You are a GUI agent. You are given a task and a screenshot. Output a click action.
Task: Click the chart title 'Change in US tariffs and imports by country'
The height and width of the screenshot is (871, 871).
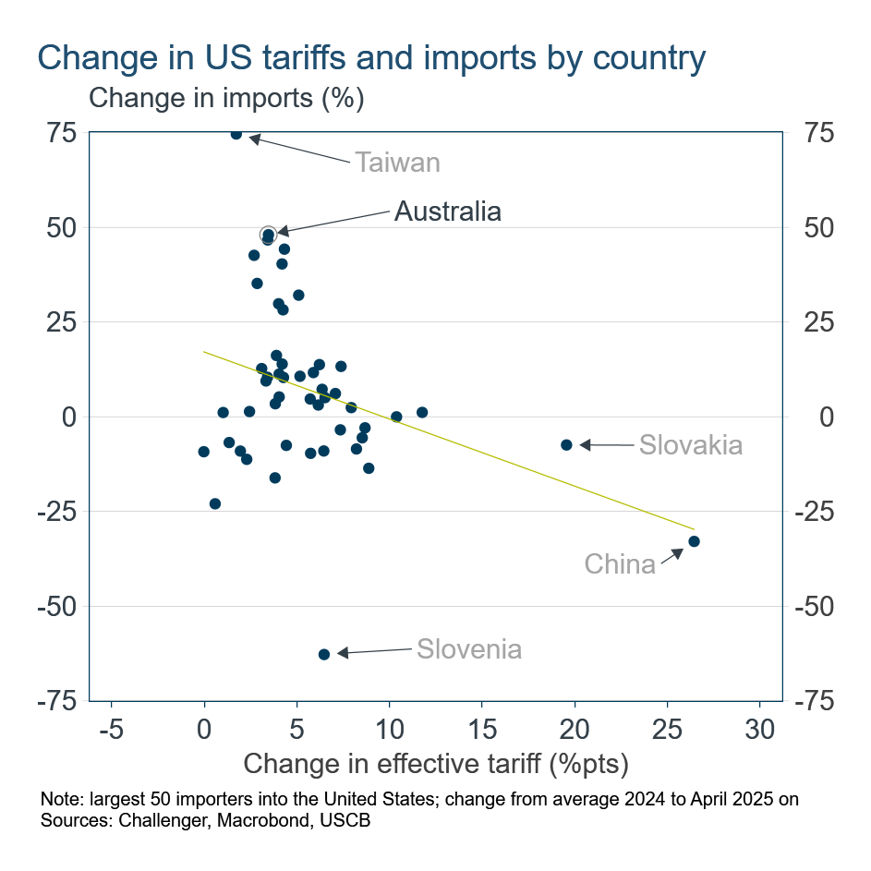[x=371, y=57]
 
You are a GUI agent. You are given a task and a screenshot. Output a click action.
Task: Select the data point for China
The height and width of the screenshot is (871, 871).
[x=694, y=541]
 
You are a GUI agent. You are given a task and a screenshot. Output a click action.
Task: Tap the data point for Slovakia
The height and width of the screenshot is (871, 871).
[x=567, y=445]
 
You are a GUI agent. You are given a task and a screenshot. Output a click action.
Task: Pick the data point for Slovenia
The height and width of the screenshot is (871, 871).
[x=324, y=654]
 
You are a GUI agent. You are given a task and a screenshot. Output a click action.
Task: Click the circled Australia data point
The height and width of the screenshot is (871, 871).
[x=268, y=235]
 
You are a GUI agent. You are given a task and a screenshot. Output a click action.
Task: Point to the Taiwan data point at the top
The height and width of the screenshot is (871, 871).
[x=236, y=134]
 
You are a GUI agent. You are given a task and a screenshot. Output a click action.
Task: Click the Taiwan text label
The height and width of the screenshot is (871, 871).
[x=397, y=163]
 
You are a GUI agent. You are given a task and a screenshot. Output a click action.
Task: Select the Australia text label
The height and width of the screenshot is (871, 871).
[x=447, y=212]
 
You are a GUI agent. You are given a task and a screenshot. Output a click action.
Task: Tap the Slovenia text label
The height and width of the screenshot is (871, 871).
[x=468, y=649]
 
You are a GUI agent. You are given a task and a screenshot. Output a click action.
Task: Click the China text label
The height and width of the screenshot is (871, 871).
[x=620, y=563]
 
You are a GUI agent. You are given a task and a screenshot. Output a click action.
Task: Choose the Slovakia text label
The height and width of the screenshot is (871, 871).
[x=690, y=445]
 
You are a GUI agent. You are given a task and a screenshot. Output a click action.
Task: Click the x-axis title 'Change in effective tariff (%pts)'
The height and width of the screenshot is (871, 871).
[x=435, y=764]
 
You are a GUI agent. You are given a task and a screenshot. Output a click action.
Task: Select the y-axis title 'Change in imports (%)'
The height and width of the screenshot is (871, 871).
[x=226, y=97]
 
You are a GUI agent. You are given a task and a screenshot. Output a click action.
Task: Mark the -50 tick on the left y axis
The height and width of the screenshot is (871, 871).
[x=57, y=606]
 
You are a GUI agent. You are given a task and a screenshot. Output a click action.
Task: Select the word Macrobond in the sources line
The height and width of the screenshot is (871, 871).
[x=249, y=819]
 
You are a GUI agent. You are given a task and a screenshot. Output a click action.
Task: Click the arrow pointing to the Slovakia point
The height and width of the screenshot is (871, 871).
[x=604, y=445]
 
